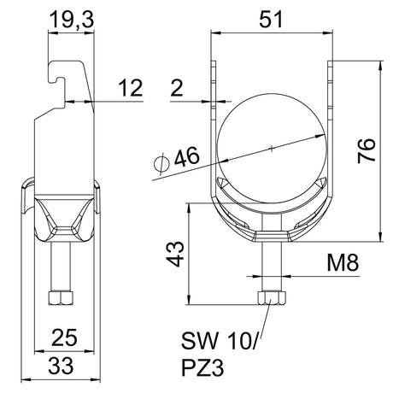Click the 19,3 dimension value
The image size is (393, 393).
click(72, 20)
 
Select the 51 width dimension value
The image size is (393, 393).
click(271, 20)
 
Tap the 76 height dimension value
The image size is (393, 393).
click(367, 150)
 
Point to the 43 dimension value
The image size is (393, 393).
click(175, 254)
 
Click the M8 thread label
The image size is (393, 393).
click(343, 262)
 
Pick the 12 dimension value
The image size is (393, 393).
click(130, 88)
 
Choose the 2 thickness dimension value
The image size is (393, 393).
click(177, 88)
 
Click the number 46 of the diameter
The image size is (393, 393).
click(187, 156)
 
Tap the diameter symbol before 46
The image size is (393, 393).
click(161, 163)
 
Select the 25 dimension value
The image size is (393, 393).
click(64, 337)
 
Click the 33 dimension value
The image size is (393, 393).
click(61, 366)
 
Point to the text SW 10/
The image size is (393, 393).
click(220, 342)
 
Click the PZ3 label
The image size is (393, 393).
click(202, 367)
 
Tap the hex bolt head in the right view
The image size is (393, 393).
click(272, 298)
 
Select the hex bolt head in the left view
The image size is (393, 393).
click(61, 298)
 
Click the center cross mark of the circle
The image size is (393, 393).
click(272, 148)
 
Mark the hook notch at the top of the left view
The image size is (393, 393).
click(58, 79)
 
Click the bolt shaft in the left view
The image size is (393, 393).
click(61, 267)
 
